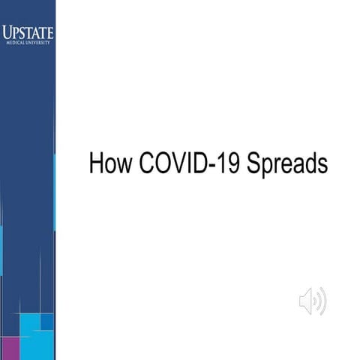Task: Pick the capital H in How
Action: click(x=96, y=163)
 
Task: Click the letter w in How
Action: click(x=122, y=164)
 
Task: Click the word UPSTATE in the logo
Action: click(x=28, y=32)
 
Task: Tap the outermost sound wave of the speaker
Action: click(x=325, y=302)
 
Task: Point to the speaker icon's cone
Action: click(x=306, y=302)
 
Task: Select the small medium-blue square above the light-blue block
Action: click(x=47, y=322)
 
